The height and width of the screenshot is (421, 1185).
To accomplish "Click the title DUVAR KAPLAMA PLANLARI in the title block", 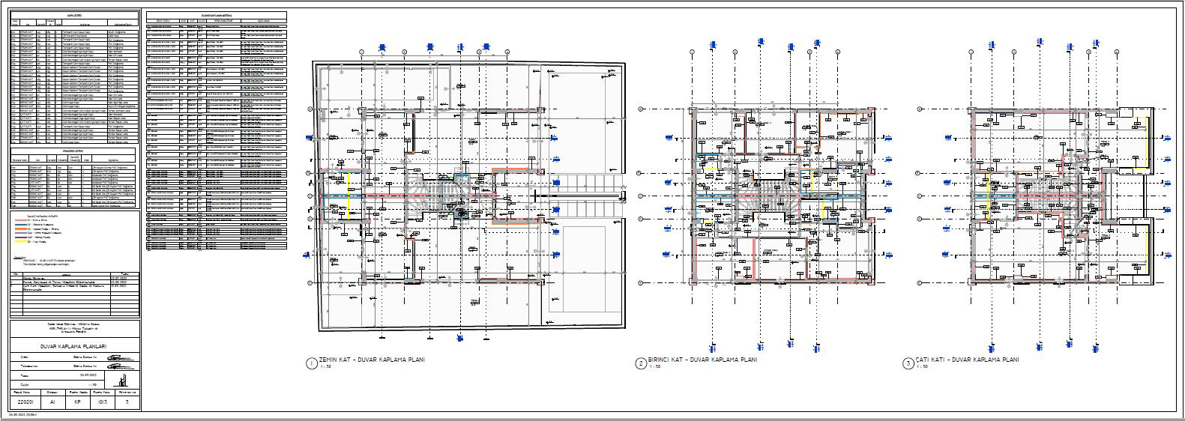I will point(74,346).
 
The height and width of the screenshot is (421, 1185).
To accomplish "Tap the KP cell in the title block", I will point(77,402).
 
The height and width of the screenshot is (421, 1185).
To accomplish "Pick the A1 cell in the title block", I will point(52,402).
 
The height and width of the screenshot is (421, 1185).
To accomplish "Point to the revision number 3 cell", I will point(128,402).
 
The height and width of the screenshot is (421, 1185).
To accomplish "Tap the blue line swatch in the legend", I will point(20,224).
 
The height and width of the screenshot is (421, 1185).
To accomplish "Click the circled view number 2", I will point(641,363).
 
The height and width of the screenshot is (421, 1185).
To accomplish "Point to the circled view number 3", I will point(908,363).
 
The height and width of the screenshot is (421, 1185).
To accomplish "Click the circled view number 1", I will point(310,363).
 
